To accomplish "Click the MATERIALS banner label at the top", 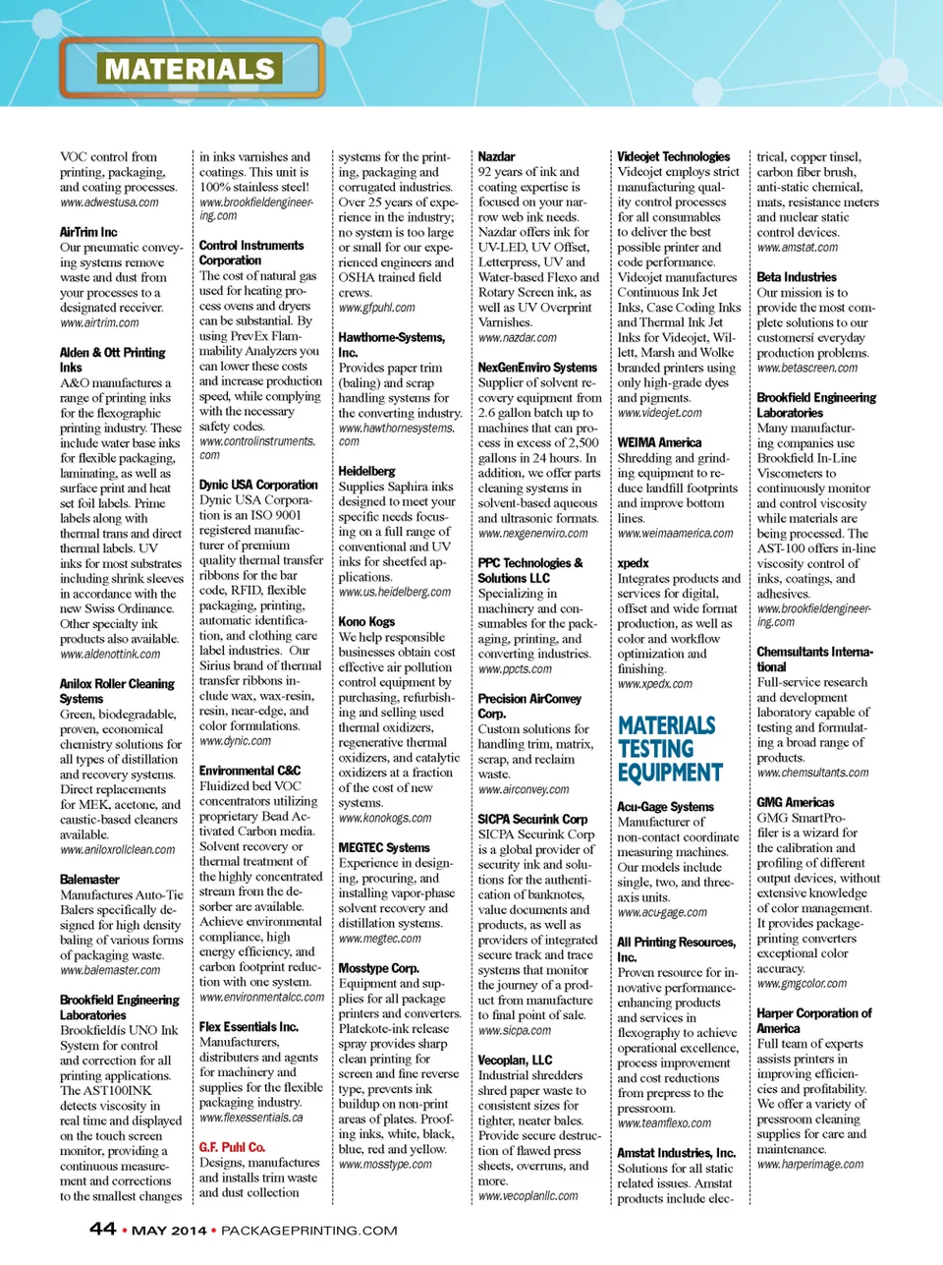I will (x=191, y=69).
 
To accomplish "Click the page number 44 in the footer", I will (x=102, y=1229).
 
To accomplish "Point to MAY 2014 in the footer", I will (x=169, y=1230).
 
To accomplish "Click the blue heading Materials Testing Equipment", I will (x=670, y=749).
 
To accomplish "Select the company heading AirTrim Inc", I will (x=88, y=232).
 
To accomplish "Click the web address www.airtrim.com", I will (x=99, y=322).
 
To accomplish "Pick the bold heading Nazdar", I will (x=496, y=156).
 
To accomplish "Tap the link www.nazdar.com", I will (x=517, y=337).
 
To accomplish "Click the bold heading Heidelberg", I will (x=366, y=471).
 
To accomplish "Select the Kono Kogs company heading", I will (x=366, y=621).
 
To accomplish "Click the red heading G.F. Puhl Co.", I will (x=232, y=1147).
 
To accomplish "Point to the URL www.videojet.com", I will (x=659, y=413).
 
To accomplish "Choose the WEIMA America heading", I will (x=659, y=442).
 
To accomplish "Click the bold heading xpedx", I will (x=633, y=563).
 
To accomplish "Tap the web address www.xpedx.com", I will (x=654, y=683).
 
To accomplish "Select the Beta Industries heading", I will (x=797, y=277).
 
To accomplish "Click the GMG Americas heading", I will (x=795, y=802).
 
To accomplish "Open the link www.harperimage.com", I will (x=810, y=1164).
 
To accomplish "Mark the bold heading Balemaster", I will (x=89, y=880).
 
